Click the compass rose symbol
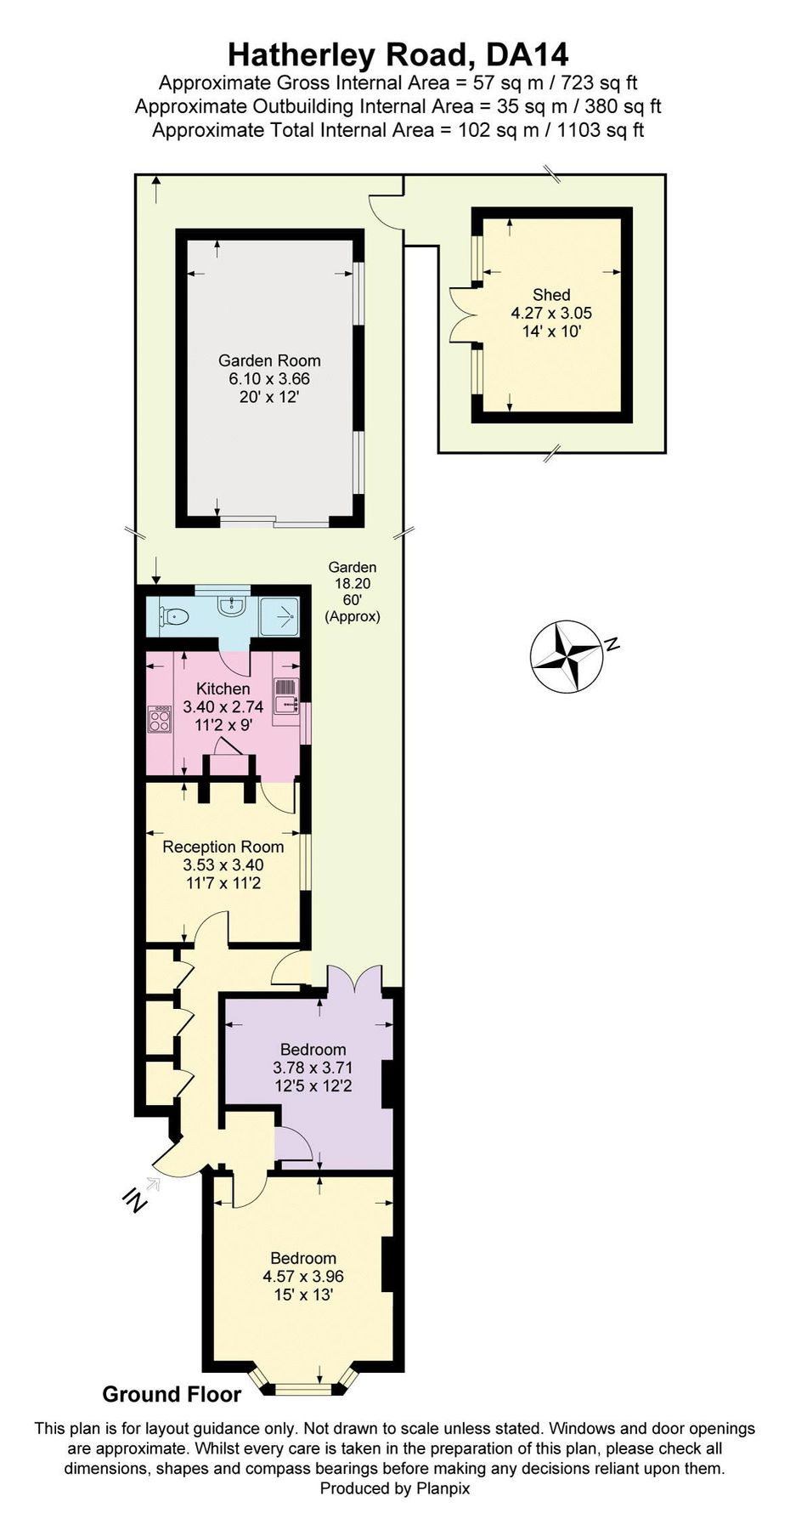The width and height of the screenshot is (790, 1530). (567, 655)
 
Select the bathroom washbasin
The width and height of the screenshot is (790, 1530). (231, 605)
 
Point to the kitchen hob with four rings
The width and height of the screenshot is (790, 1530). (160, 720)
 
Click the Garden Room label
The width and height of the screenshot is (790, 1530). (269, 360)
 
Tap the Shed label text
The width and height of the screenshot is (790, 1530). (551, 295)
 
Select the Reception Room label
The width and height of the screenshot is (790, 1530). (223, 847)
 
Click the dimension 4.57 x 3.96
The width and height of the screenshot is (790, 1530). (303, 1276)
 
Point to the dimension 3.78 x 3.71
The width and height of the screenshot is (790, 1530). (313, 1068)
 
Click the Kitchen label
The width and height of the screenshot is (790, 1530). (223, 688)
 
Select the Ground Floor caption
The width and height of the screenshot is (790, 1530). (172, 1394)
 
